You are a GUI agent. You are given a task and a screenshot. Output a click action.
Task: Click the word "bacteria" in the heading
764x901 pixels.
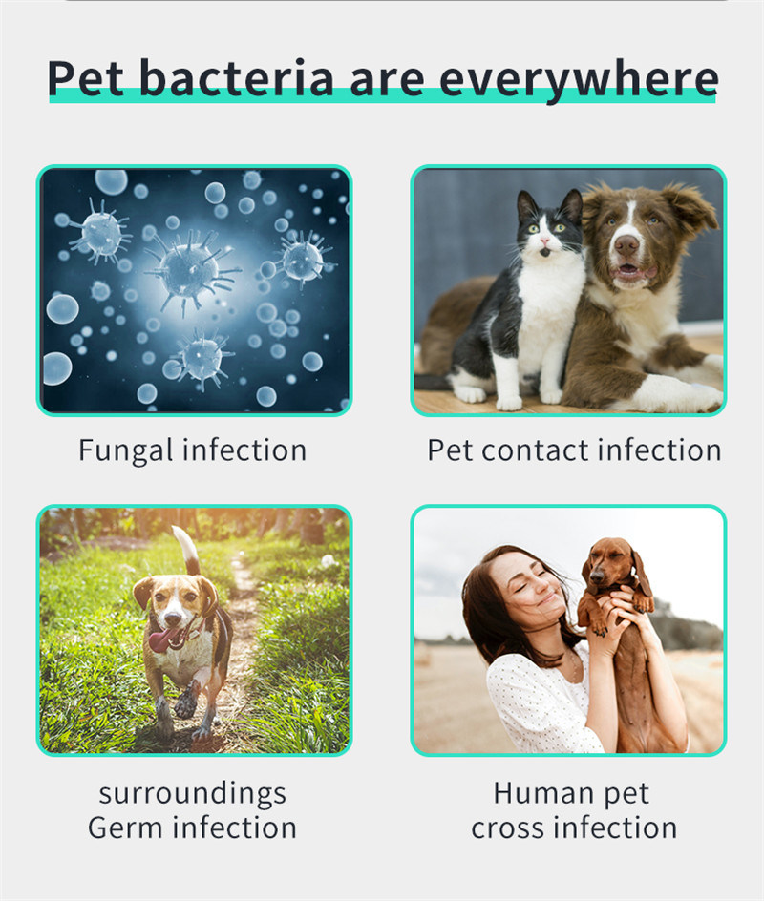[x=236, y=77]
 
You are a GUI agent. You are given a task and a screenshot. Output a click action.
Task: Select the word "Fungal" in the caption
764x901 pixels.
[x=125, y=451]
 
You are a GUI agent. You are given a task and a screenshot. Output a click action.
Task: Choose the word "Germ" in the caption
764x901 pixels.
[x=126, y=828]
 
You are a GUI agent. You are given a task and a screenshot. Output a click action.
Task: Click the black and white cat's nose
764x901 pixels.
[x=542, y=241]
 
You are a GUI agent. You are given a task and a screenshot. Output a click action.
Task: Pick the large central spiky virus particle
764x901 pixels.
[x=190, y=269]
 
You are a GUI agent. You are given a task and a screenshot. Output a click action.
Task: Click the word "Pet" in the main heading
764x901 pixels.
[x=85, y=77]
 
